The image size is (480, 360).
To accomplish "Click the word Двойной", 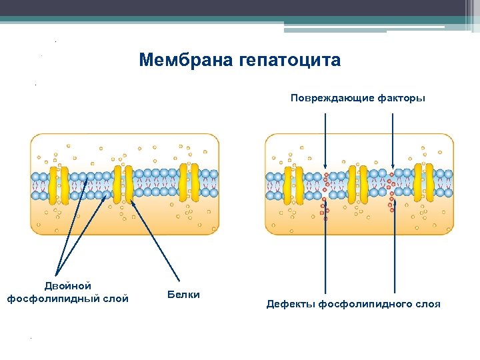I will [x=67, y=286].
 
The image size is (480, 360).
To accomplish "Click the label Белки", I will [x=183, y=294].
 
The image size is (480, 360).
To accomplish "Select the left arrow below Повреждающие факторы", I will [x=325, y=140].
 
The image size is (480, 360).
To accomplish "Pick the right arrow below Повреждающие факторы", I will [x=393, y=140].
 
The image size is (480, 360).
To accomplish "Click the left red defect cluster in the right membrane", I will [x=325, y=193].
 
